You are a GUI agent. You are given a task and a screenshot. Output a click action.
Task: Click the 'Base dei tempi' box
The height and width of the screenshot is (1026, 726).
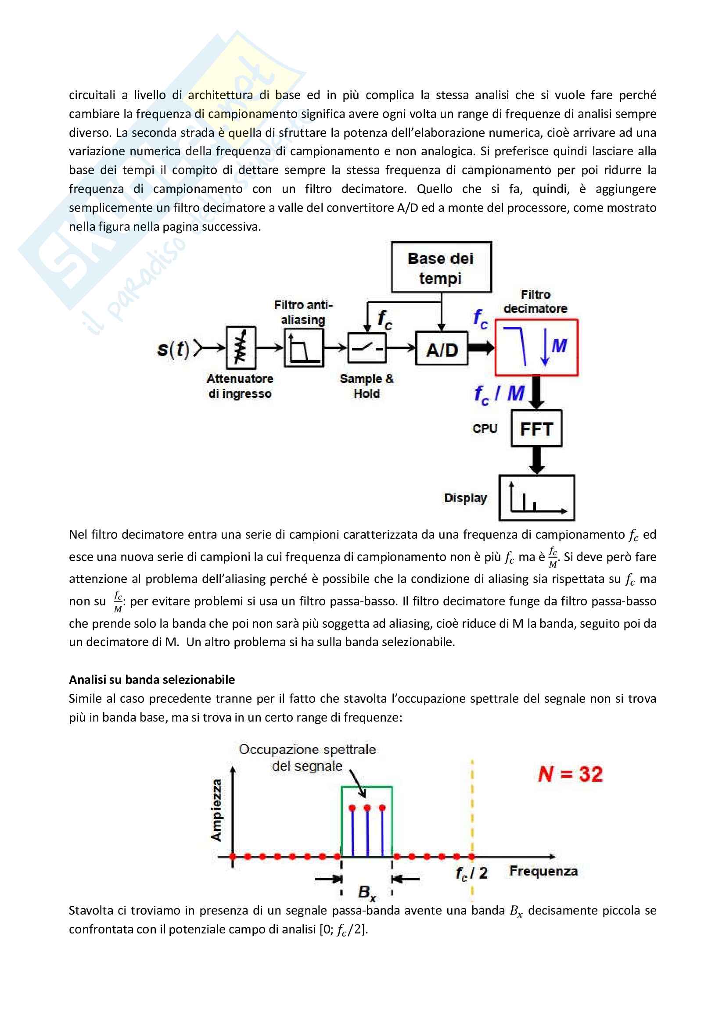(x=441, y=267)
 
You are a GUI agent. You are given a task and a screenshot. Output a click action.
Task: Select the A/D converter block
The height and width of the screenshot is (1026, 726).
(x=442, y=349)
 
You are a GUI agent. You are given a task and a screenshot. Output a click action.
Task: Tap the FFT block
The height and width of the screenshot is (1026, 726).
(x=536, y=429)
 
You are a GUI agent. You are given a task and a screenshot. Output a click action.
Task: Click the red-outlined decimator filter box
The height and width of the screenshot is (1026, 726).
(x=536, y=347)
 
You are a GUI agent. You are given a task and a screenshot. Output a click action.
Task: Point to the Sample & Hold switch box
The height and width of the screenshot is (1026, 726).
(x=367, y=348)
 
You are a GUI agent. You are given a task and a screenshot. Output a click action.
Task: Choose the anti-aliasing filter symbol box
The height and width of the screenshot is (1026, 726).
(x=304, y=348)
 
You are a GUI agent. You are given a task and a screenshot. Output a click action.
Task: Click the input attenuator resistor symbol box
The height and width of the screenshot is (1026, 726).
(x=241, y=347)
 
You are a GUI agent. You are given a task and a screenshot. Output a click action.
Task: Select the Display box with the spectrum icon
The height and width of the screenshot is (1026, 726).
(x=536, y=497)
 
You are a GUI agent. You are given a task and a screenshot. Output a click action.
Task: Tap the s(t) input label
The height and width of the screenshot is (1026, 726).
(x=173, y=349)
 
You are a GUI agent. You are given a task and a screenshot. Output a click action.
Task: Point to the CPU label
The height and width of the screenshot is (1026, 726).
(x=485, y=429)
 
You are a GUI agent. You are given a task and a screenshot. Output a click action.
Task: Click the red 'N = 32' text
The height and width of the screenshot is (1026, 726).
(x=571, y=774)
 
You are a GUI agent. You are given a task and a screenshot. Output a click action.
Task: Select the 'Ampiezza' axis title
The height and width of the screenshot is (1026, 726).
(x=216, y=810)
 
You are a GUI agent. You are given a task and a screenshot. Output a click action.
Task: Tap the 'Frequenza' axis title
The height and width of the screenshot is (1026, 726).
(x=543, y=871)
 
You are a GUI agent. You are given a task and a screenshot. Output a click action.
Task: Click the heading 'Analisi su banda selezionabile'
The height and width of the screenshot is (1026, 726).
(x=151, y=679)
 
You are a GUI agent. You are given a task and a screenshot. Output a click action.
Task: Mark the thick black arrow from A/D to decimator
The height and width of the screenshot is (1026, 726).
(x=481, y=348)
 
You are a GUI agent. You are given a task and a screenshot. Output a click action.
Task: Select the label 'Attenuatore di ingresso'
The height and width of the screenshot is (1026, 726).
(x=240, y=386)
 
